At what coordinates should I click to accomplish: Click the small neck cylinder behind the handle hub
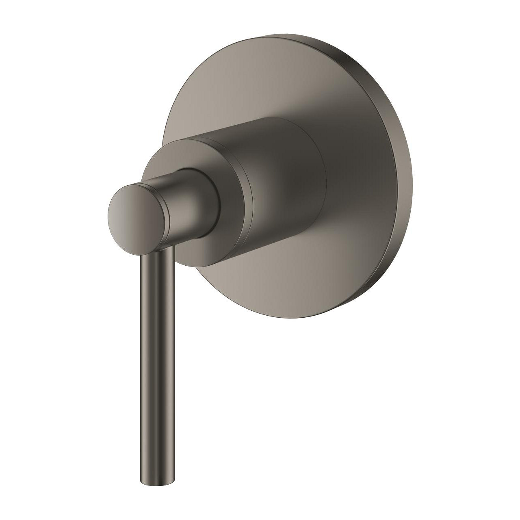tap(195, 203)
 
